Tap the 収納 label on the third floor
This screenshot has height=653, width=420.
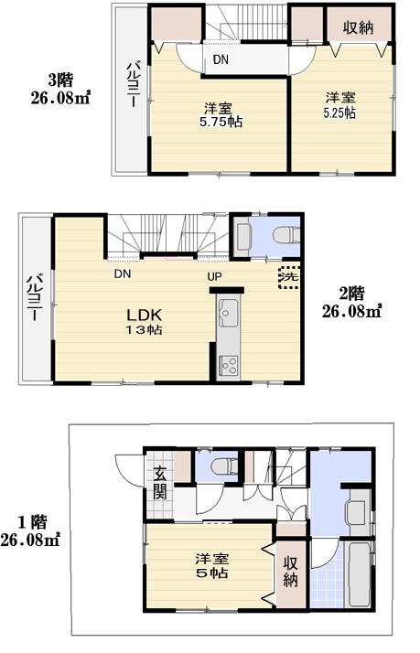pos(358,27)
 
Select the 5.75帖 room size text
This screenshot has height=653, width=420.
pos(222,122)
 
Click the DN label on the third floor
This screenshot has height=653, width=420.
pos(221,60)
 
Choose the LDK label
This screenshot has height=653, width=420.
pos(144,313)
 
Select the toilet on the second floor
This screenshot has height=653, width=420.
pos(283,235)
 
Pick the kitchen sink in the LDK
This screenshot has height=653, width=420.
pos(228,316)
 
